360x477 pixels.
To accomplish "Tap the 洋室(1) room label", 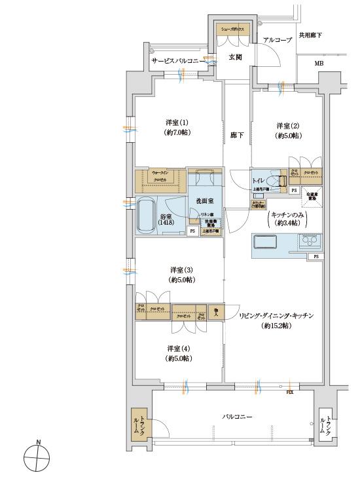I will tap(175, 126).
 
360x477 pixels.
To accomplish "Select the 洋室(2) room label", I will tap(287, 130).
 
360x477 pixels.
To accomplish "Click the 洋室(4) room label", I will tap(179, 353).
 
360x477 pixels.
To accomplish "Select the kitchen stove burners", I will tap(310, 242).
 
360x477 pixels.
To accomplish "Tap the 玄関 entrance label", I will tap(235, 57).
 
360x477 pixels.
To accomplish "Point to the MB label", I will tap(318, 64).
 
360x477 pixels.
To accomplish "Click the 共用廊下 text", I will tap(310, 35).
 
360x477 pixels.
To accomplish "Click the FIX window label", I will tap(289, 392).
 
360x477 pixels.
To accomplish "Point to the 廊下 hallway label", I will tap(236, 136).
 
